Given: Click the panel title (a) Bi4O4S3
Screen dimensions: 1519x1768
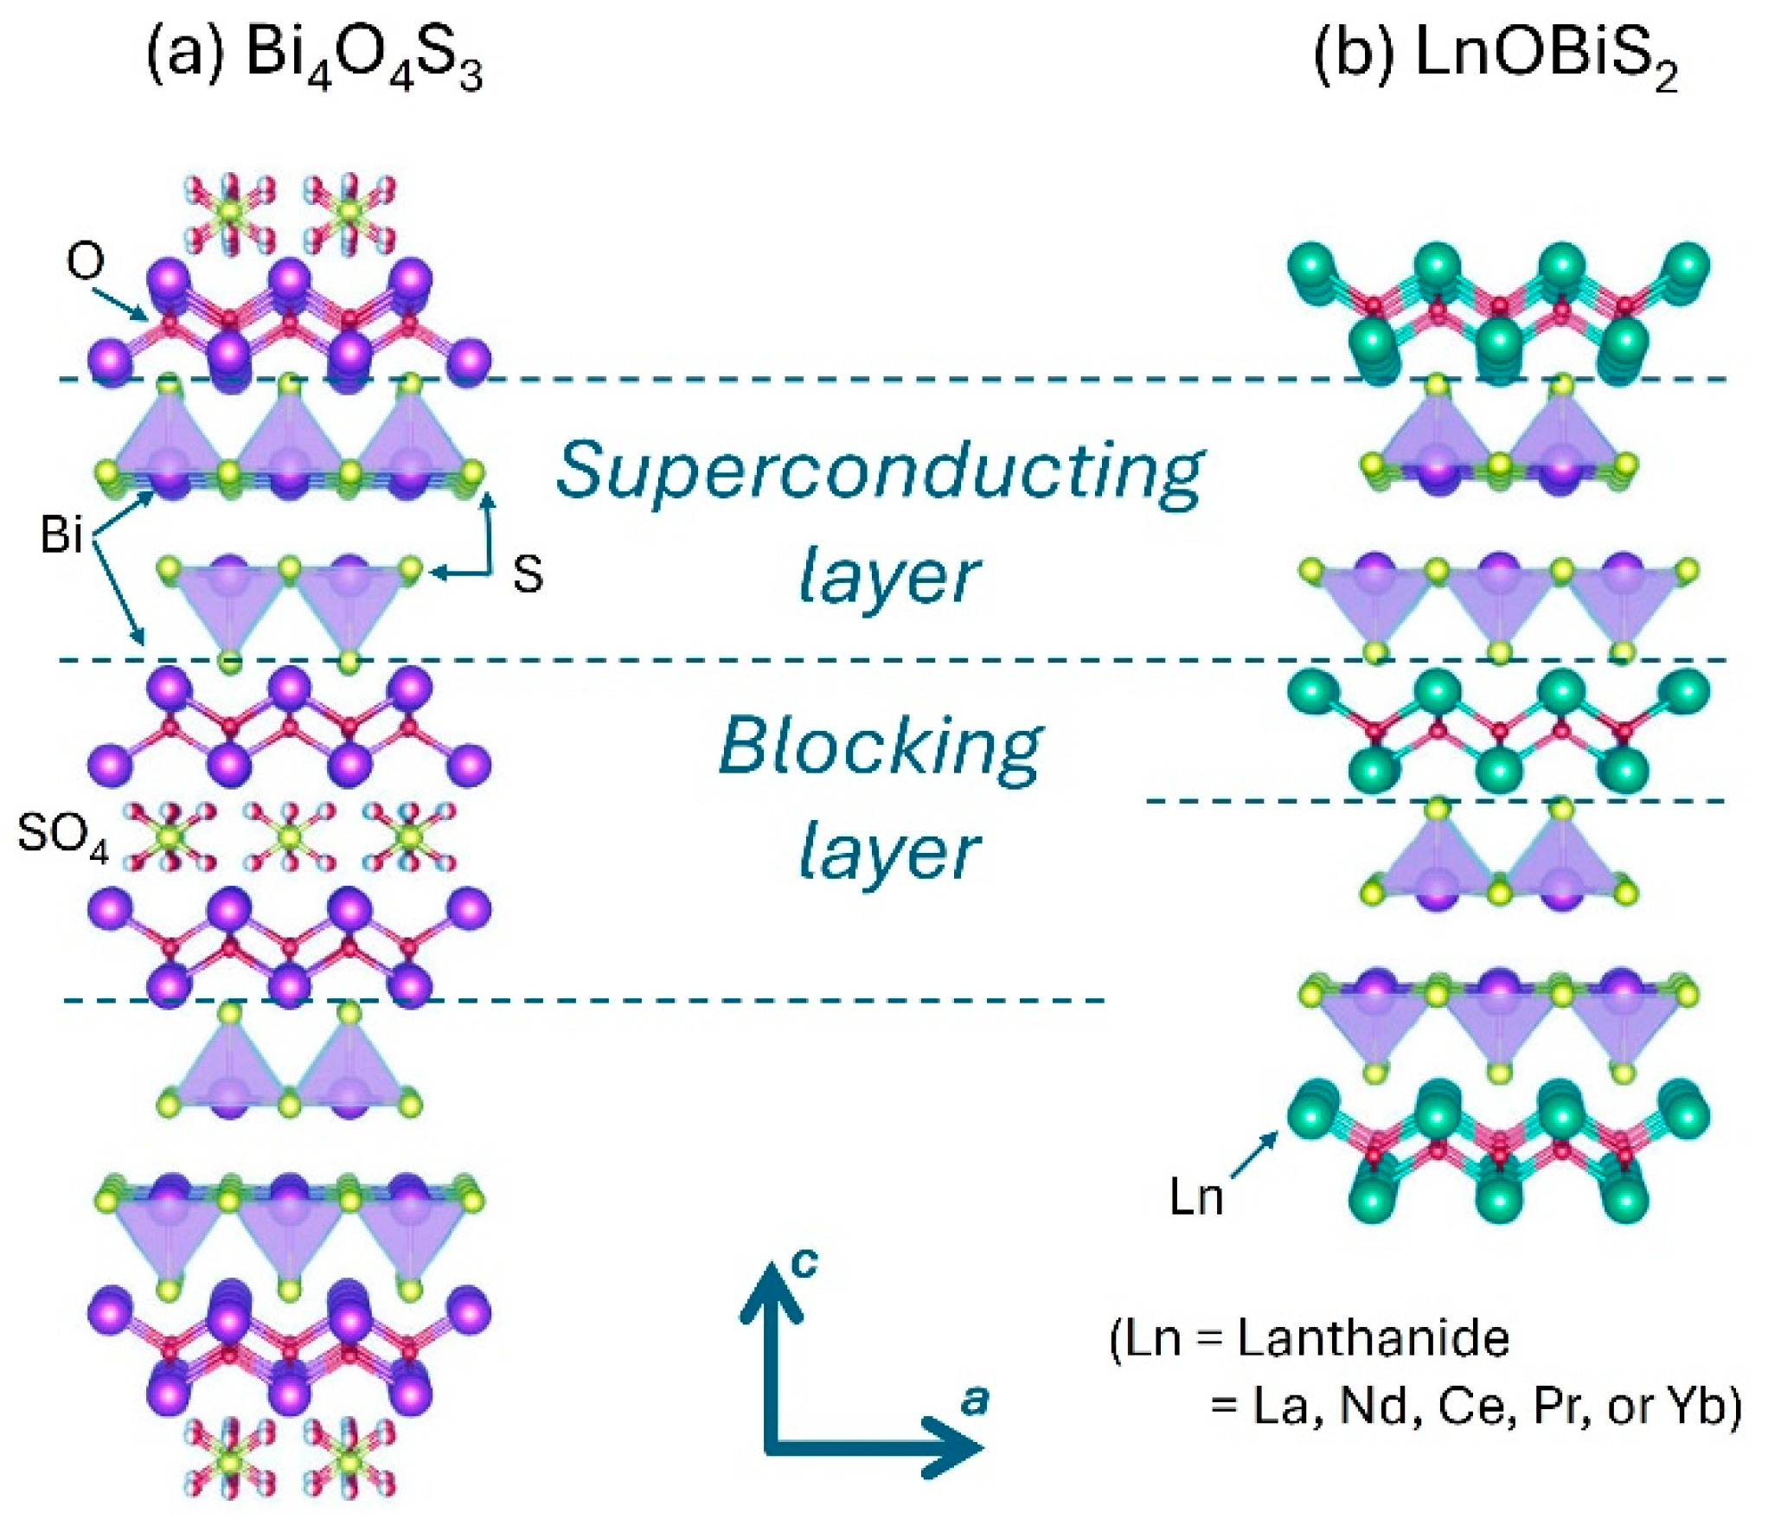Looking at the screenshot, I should tap(313, 56).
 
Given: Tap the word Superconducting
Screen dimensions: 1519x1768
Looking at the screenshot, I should tap(880, 471).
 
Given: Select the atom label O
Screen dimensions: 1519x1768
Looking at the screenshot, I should tap(85, 260).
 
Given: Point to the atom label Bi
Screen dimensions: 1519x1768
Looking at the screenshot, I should tap(61, 534).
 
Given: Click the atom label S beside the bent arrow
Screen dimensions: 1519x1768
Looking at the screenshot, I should tap(528, 574).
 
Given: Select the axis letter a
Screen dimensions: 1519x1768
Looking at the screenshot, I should tap(975, 1400).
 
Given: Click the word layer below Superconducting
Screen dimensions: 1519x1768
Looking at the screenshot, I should tap(888, 577).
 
